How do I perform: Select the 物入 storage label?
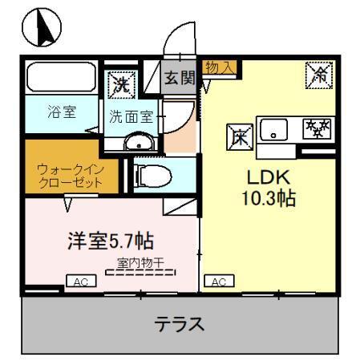tap(219, 68)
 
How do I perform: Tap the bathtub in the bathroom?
tap(61, 79)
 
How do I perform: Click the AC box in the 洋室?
tap(81, 282)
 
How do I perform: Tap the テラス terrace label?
tap(180, 325)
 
